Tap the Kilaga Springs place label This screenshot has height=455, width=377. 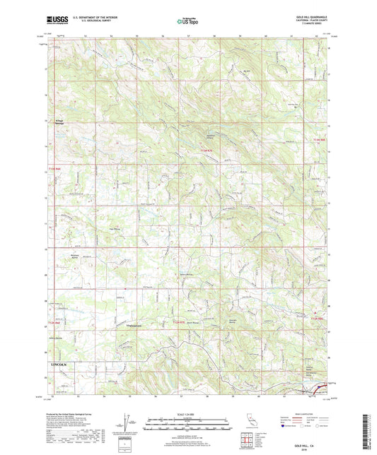[x=62, y=122]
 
